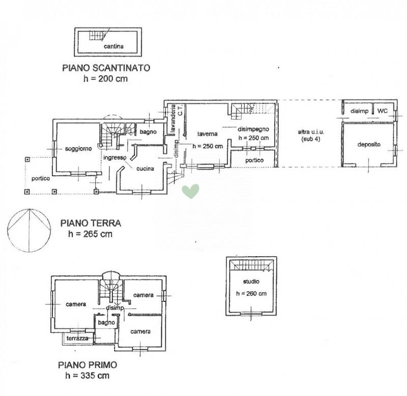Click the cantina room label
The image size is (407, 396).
[113, 46]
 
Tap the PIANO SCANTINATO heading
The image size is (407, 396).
[106, 68]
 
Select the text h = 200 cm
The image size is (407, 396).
[105, 79]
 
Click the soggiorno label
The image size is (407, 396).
[78, 149]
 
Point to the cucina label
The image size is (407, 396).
[145, 169]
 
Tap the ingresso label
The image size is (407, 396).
[115, 158]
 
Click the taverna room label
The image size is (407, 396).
[207, 134]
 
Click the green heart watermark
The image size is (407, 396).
[190, 191]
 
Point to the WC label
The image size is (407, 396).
[383, 111]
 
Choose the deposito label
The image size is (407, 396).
[369, 144]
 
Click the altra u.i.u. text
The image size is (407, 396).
[311, 132]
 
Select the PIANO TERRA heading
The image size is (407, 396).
[91, 223]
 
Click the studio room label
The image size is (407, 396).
[251, 282]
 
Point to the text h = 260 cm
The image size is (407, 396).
[251, 293]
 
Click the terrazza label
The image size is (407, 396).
[77, 338]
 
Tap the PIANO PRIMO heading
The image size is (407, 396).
[88, 365]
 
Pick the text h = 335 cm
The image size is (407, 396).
[87, 376]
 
